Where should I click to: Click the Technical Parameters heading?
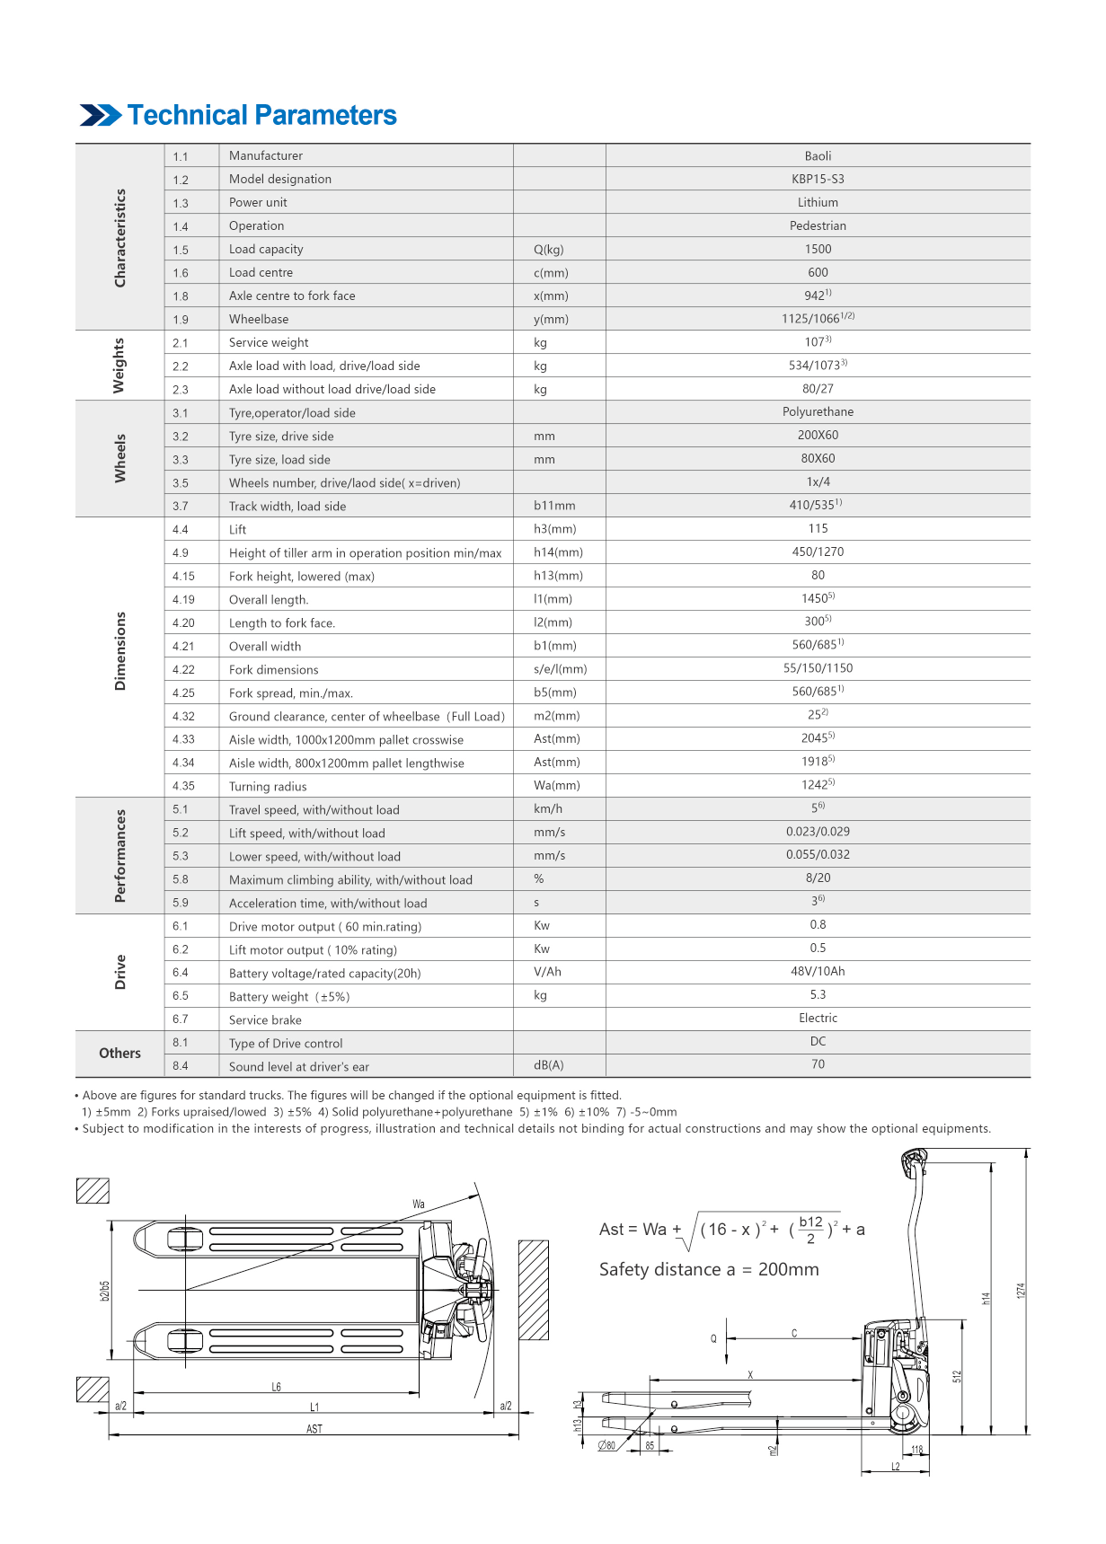[x=261, y=116]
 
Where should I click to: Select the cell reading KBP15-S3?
[x=818, y=180]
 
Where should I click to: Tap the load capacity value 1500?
[x=818, y=250]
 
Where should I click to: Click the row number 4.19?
[x=183, y=600]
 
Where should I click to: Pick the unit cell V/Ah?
[x=547, y=972]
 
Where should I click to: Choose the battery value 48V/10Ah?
[x=818, y=972]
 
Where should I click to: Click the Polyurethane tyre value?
[x=818, y=412]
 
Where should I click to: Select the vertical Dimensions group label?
[x=120, y=651]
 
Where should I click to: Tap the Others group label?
[x=119, y=1054]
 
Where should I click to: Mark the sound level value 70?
[x=818, y=1064]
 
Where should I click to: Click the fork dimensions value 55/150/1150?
[x=818, y=668]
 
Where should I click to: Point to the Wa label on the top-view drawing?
[x=419, y=1204]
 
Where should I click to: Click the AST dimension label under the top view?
[x=314, y=1429]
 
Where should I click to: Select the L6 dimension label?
[x=277, y=1388]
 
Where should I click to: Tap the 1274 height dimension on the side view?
[x=1021, y=1291]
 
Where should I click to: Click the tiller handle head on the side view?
[x=914, y=1162]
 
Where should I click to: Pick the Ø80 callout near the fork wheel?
[x=607, y=1446]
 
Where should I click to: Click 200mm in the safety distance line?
[x=788, y=1270]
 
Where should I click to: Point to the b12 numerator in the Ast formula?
[x=810, y=1222]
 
